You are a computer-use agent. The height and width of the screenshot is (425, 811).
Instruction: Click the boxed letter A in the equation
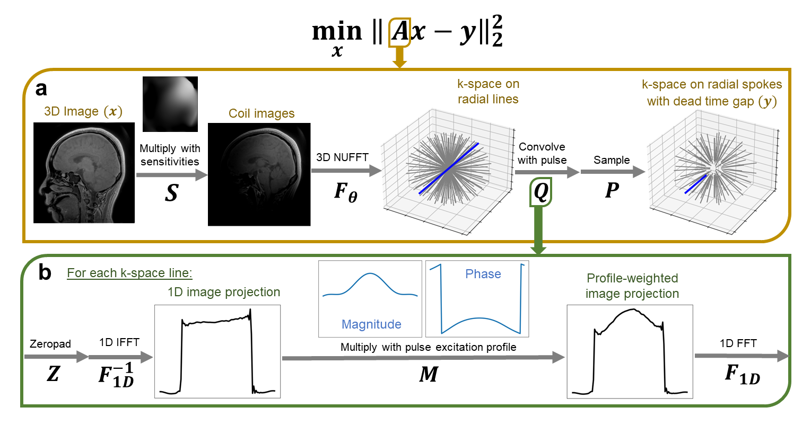400,33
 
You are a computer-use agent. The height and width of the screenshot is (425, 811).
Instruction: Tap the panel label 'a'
41,88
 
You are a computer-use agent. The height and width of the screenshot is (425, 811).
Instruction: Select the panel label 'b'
45,272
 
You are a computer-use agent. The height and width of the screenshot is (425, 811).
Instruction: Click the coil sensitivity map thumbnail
170,104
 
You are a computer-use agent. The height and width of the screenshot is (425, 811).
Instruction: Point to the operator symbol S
171,193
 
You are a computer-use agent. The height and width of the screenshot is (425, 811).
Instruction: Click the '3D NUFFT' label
342,157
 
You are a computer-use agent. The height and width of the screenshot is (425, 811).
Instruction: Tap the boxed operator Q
540,191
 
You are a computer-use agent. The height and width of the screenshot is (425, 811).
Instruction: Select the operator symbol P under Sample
612,189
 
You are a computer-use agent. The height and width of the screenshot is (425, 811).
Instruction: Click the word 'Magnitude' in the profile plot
371,324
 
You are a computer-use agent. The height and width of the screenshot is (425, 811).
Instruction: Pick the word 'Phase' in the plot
483,274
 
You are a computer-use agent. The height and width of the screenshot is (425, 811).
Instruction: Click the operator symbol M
429,375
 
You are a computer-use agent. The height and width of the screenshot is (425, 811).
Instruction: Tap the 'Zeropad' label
50,344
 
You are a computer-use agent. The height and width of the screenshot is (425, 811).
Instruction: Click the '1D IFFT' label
119,342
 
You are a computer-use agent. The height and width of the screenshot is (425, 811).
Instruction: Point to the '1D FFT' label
738,343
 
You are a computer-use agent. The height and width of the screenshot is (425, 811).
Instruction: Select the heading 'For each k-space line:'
129,273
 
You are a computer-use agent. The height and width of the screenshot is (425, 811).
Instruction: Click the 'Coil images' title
261,113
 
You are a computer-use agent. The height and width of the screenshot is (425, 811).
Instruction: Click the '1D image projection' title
224,292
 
